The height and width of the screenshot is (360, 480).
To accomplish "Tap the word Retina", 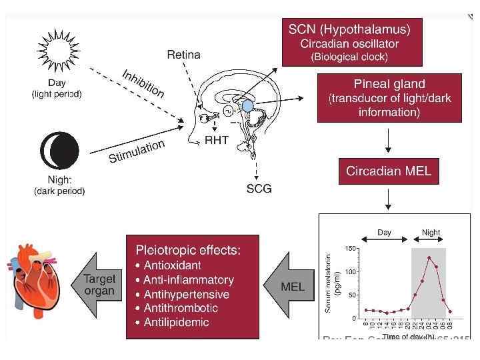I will (x=183, y=55).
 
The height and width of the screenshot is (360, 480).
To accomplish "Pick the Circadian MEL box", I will (x=389, y=171).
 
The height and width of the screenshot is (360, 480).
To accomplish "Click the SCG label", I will (x=259, y=189).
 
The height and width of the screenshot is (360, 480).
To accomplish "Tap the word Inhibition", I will (x=143, y=83).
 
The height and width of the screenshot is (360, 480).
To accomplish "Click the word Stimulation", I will (x=136, y=151).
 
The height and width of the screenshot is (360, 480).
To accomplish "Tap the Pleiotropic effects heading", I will (x=188, y=250).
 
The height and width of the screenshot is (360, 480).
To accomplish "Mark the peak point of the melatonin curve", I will (x=429, y=258).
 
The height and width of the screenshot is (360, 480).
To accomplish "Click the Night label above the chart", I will (x=431, y=233).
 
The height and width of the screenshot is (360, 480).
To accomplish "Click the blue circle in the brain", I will (x=247, y=105).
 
